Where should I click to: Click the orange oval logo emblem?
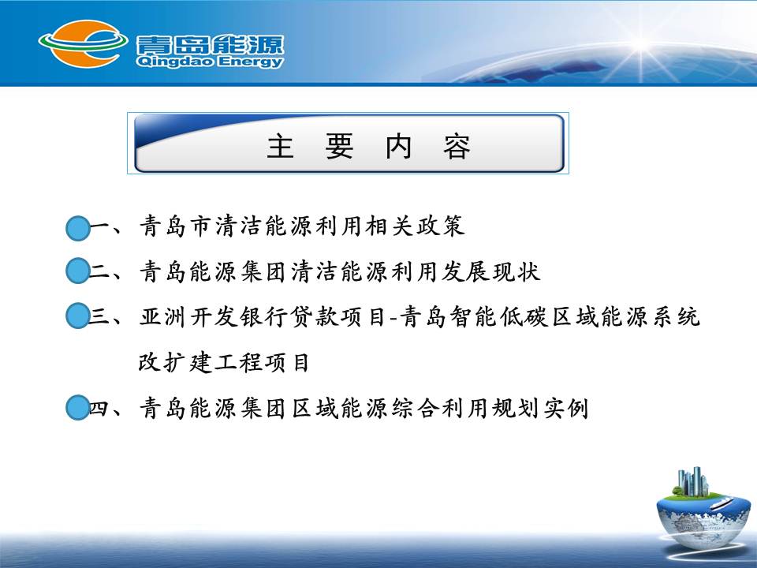click(83, 43)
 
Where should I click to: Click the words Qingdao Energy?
click(210, 62)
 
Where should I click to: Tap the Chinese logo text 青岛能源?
click(210, 45)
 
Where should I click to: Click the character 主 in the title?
click(280, 147)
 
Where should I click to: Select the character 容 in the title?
click(457, 147)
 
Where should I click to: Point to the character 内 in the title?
click(397, 147)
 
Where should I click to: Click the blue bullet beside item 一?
click(78, 229)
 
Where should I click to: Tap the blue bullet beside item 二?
click(78, 271)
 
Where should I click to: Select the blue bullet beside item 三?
click(78, 316)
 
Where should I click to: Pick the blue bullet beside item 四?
click(78, 407)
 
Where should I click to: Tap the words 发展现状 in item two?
click(490, 271)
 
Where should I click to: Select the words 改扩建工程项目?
click(223, 362)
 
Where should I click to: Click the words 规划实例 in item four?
click(540, 408)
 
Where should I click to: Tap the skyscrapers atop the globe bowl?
click(693, 481)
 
